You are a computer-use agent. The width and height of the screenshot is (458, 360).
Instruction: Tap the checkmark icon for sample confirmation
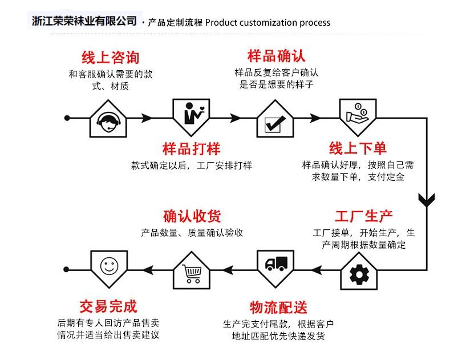275,121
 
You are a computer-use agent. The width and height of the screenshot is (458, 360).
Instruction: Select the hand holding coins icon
358,112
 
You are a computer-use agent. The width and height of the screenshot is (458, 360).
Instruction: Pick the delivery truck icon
276,264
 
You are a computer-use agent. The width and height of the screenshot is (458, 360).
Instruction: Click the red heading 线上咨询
110,58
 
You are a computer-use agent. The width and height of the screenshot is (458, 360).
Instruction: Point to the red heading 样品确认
277,56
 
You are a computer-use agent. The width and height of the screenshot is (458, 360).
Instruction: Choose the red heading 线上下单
358,148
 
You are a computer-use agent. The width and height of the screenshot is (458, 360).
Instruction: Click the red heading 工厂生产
363,217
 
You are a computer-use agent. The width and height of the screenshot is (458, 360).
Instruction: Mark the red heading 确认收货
192,216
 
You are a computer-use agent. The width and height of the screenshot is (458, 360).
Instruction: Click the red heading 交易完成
108,306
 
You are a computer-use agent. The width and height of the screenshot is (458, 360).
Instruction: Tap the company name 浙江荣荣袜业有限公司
85,21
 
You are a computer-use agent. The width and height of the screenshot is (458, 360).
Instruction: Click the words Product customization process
267,23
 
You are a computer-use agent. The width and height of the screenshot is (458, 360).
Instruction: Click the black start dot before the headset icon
67,118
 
